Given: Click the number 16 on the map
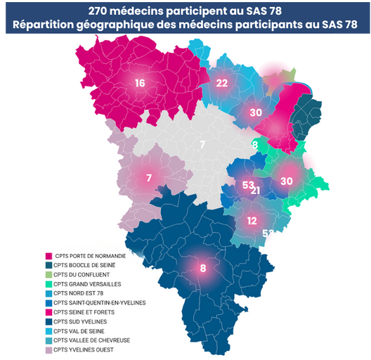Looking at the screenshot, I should [140, 84].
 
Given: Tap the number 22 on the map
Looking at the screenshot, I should [222, 83].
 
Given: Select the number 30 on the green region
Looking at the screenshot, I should [286, 181].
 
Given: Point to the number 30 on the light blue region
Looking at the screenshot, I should [256, 112].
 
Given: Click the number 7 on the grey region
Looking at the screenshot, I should [202, 146].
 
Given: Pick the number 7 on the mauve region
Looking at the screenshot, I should [149, 178].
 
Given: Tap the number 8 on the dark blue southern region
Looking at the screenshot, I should [203, 268].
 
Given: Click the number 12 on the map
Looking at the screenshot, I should [252, 220].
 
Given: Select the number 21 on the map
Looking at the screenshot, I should [256, 191].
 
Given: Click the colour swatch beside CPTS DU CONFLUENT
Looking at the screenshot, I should [48, 274].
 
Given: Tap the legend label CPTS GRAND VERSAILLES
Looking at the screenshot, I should [87, 283].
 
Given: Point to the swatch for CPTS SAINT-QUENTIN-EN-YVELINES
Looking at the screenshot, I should [48, 302].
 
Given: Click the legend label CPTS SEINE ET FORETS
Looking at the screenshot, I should [84, 311].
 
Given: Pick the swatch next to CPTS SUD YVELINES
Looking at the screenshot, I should [48, 320].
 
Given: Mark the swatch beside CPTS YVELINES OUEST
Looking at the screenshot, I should [48, 349].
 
